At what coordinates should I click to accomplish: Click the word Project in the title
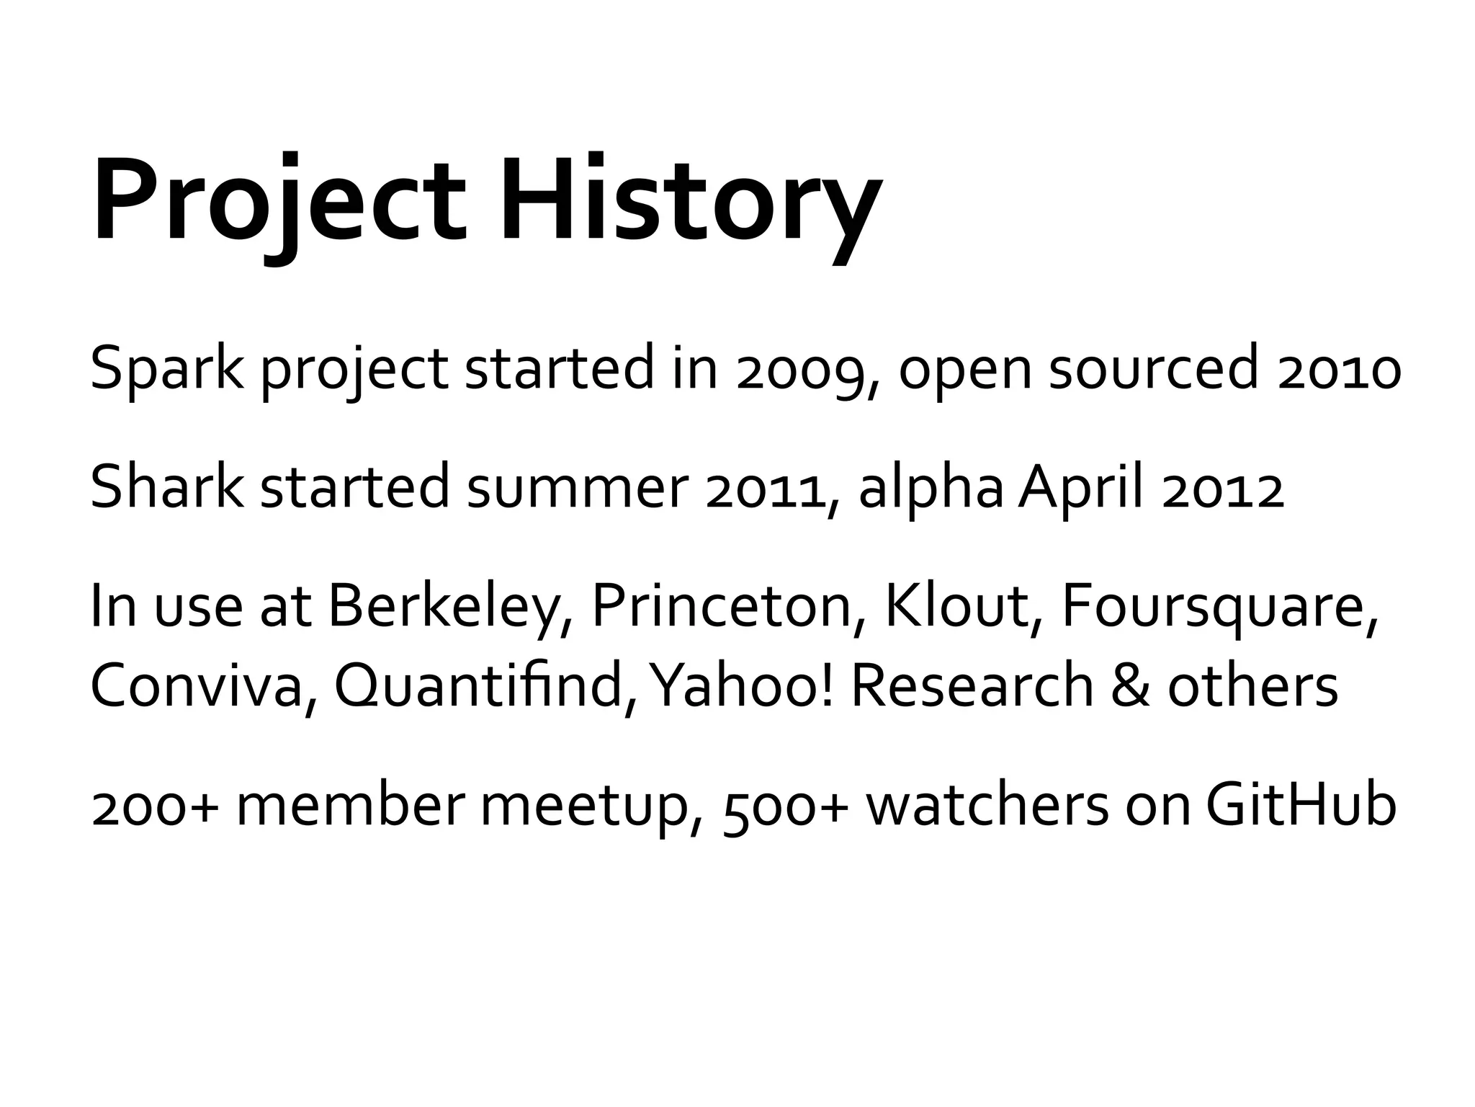278,202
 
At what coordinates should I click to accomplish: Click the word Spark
166,369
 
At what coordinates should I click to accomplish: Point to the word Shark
166,489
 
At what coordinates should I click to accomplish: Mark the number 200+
154,807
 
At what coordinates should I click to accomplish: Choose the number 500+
785,807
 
